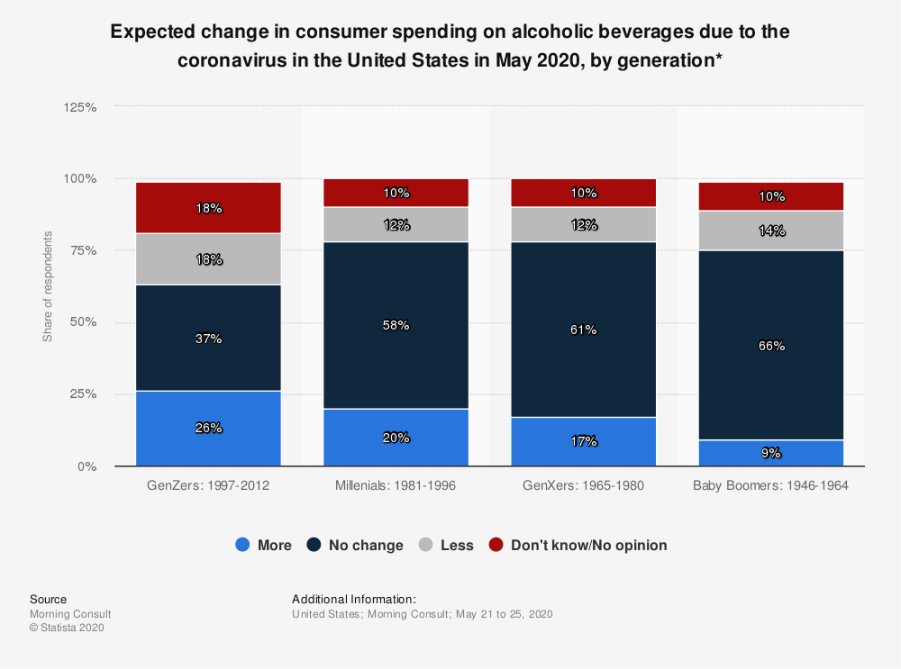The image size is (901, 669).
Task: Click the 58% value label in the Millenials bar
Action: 396,325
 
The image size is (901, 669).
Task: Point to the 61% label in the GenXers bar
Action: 583,330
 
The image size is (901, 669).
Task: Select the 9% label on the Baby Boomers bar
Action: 771,453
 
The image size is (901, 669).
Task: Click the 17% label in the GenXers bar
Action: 583,441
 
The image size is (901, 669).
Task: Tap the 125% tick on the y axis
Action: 81,106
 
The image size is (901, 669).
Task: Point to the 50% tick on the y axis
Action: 84,322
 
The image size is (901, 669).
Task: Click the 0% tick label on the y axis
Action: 88,466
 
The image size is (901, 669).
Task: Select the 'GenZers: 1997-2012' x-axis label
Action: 208,485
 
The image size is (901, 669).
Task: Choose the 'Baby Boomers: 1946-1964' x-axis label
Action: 771,485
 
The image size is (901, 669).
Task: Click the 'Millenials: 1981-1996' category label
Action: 396,485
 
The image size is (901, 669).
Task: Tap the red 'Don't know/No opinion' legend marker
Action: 496,545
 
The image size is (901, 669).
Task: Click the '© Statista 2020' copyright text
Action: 67,628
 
